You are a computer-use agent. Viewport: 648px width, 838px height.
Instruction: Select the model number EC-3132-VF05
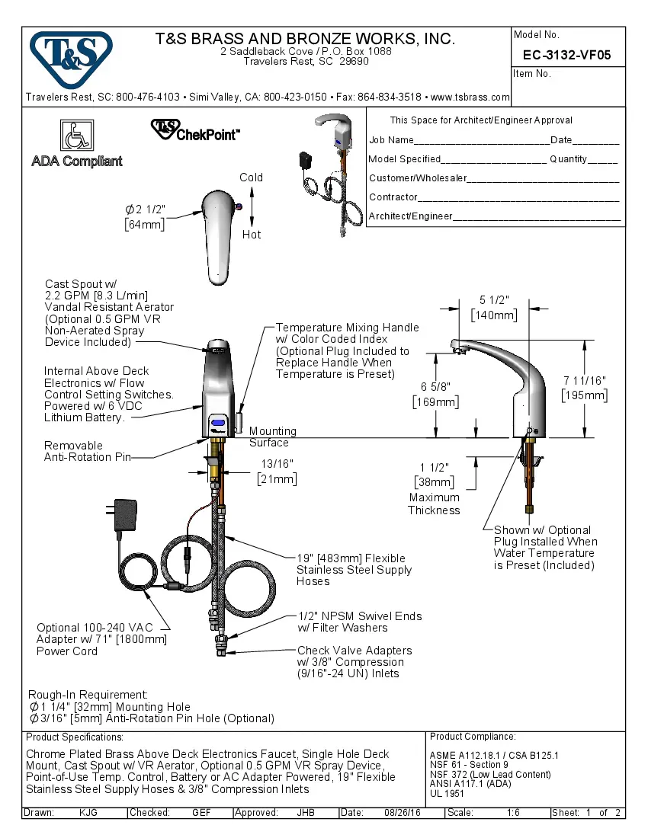(566, 55)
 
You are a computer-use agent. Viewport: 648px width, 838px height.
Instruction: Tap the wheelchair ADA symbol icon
(76, 136)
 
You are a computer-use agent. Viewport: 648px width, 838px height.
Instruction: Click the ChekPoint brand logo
(195, 130)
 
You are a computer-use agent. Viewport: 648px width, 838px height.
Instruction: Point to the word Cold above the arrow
(252, 178)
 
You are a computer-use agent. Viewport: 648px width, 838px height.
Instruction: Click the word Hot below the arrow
(252, 235)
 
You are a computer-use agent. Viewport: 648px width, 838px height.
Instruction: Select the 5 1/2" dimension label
(494, 299)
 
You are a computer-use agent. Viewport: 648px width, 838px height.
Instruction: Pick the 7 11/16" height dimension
(584, 380)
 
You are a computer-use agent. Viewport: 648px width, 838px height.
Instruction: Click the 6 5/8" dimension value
(435, 386)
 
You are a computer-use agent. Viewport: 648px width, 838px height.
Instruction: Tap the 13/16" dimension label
(277, 463)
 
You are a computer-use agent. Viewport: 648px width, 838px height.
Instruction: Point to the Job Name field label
(391, 140)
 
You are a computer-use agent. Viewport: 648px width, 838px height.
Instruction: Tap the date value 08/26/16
(403, 813)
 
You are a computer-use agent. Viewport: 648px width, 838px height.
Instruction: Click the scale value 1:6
(513, 813)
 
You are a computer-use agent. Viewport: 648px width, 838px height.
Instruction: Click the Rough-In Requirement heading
(88, 695)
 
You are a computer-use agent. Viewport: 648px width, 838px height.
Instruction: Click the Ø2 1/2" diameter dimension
(145, 209)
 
